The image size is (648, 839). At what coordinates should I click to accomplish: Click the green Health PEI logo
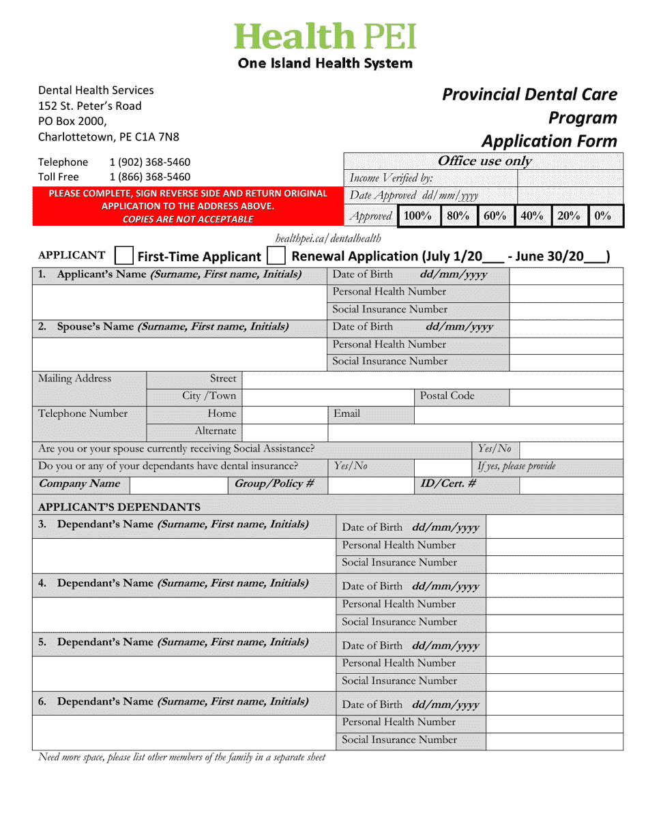pos(325,37)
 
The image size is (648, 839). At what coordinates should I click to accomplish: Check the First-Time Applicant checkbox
pos(123,256)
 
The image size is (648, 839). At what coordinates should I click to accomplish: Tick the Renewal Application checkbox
pos(276,256)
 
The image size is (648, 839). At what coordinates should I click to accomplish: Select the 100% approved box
pos(417,216)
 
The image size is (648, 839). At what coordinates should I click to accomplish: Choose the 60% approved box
pos(495,216)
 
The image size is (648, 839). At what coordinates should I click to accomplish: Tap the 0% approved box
pos(602,216)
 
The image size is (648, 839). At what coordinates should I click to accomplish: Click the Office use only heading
pos(484,161)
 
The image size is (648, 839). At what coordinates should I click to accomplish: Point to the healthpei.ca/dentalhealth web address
pos(327,238)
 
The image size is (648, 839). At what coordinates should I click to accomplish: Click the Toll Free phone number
pos(149,177)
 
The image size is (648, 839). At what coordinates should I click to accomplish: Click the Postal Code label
pos(447,396)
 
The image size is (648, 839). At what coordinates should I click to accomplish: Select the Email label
pos(347,413)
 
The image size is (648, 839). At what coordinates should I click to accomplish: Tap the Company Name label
pos(79,484)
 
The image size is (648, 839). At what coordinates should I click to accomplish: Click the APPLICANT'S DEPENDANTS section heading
pos(119,507)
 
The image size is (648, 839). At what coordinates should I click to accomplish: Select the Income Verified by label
pos(391,178)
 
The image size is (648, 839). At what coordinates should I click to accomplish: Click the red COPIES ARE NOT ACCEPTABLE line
pos(188,219)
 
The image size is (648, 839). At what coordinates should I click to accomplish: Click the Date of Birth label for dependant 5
pos(372,645)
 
